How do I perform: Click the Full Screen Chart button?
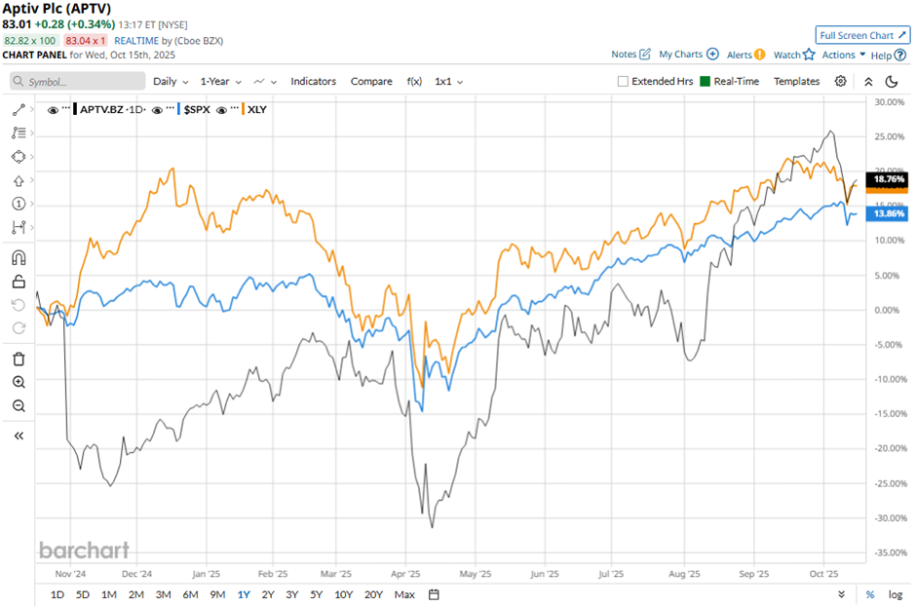(863, 35)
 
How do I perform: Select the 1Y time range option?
(244, 594)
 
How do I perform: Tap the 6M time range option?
(189, 594)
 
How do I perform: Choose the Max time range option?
(404, 594)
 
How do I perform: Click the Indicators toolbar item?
(313, 82)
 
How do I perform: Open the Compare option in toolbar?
(371, 82)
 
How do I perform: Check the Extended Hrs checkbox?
(623, 82)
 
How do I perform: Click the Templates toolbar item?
(796, 82)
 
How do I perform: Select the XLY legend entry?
(256, 110)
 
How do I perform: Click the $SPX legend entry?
(197, 110)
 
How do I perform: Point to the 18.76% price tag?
(889, 180)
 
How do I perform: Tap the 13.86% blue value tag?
(889, 213)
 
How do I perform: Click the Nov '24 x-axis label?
(71, 575)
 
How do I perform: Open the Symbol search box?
(78, 82)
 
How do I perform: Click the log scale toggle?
(896, 594)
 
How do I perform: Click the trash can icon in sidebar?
(19, 359)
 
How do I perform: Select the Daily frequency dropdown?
(170, 82)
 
